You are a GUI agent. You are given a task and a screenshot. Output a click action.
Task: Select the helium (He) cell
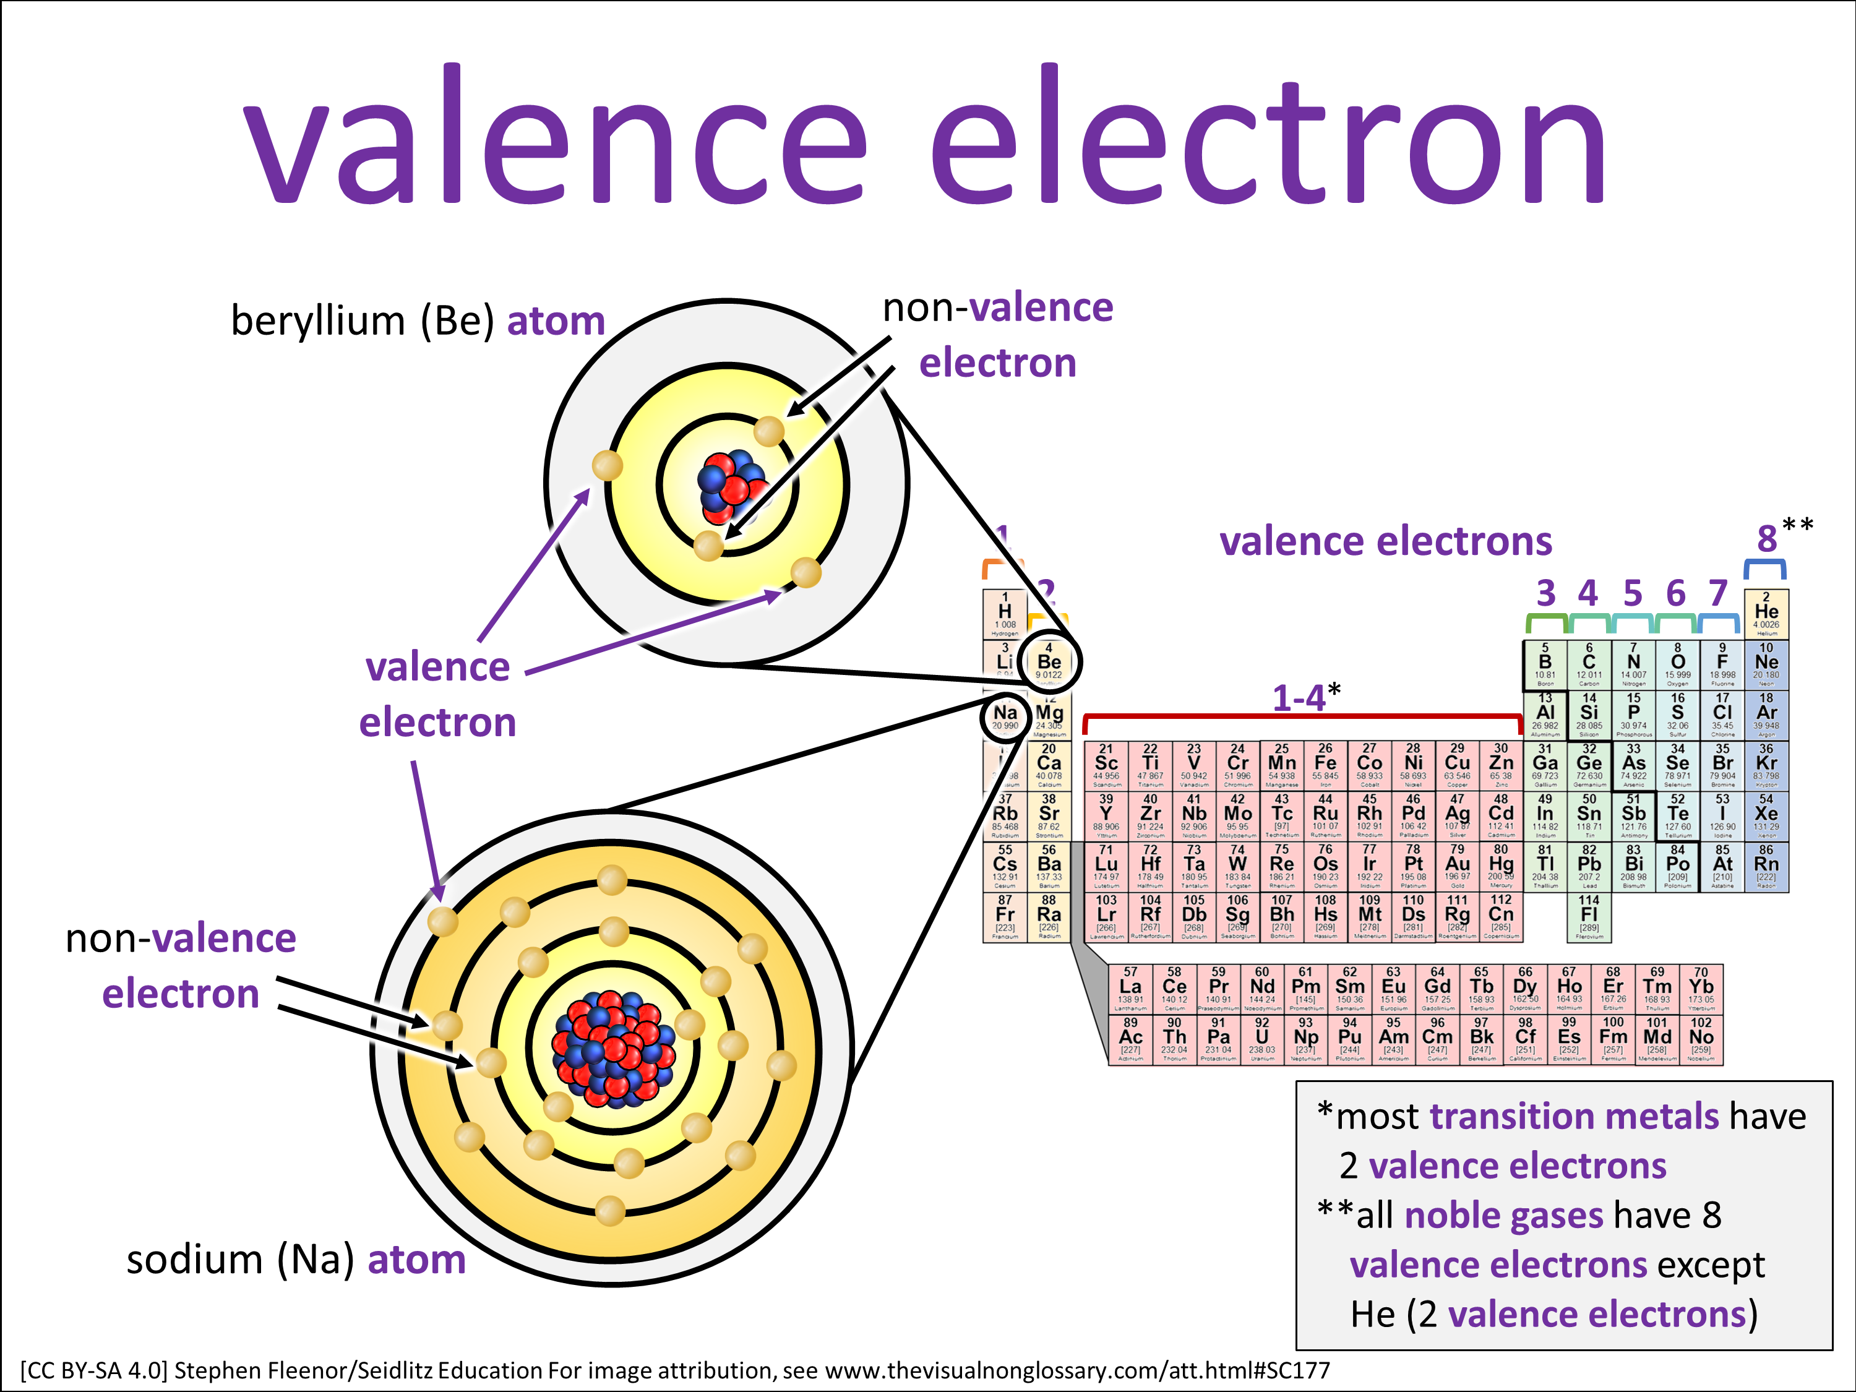click(x=1766, y=613)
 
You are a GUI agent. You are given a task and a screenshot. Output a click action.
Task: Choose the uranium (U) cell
click(x=1262, y=1039)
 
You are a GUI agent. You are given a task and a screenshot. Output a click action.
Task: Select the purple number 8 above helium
click(x=1767, y=539)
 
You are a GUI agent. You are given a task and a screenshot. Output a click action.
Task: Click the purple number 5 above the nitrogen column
click(x=1633, y=593)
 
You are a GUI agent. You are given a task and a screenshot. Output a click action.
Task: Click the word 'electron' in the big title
click(x=1267, y=139)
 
